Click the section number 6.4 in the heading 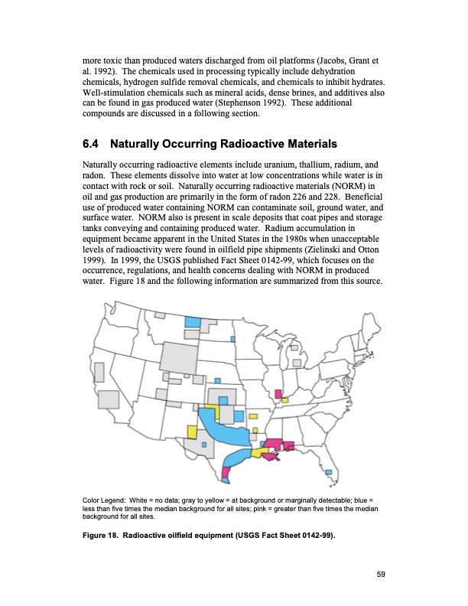[x=91, y=145]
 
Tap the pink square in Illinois [x=277, y=394]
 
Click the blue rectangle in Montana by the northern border [x=193, y=322]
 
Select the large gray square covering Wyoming [x=178, y=357]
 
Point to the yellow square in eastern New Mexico [x=192, y=432]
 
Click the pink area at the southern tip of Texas [x=225, y=474]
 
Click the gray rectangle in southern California [x=109, y=399]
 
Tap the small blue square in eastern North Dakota [x=233, y=340]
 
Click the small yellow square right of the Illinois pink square [x=285, y=399]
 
